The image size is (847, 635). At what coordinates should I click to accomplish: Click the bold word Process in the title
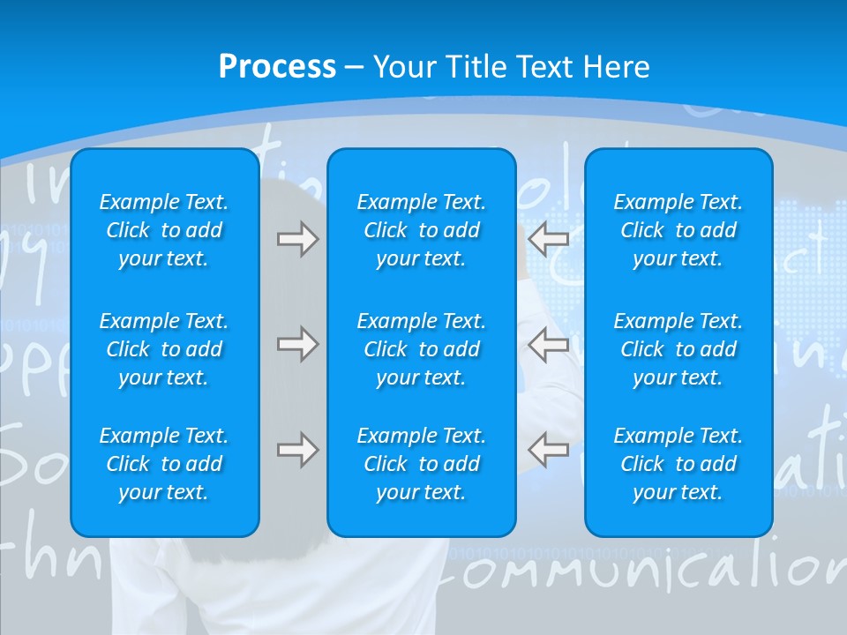pyautogui.click(x=277, y=67)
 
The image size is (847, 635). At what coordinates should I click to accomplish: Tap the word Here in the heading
pyautogui.click(x=616, y=67)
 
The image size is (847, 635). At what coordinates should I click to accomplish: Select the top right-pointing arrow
pyautogui.click(x=297, y=238)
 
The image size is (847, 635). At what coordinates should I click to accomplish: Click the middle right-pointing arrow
pyautogui.click(x=297, y=345)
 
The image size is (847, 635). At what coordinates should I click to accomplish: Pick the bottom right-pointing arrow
pyautogui.click(x=297, y=450)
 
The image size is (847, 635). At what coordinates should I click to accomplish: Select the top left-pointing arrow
pyautogui.click(x=549, y=238)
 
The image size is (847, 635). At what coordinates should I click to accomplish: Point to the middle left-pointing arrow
pyautogui.click(x=549, y=345)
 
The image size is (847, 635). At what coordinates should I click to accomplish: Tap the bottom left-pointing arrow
pyautogui.click(x=549, y=450)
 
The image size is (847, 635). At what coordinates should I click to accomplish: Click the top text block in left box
pyautogui.click(x=164, y=230)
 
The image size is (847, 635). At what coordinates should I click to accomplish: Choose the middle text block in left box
pyautogui.click(x=164, y=349)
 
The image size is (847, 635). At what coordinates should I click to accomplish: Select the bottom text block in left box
pyautogui.click(x=164, y=464)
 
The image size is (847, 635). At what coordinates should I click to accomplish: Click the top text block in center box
pyautogui.click(x=421, y=230)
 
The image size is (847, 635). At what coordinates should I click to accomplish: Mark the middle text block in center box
pyautogui.click(x=421, y=349)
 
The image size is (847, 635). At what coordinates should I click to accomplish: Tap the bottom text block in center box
pyautogui.click(x=421, y=464)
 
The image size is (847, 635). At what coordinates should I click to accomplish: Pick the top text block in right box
pyautogui.click(x=678, y=230)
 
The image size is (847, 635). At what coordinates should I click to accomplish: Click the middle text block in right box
pyautogui.click(x=678, y=349)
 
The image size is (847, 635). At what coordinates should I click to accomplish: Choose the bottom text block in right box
pyautogui.click(x=678, y=464)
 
